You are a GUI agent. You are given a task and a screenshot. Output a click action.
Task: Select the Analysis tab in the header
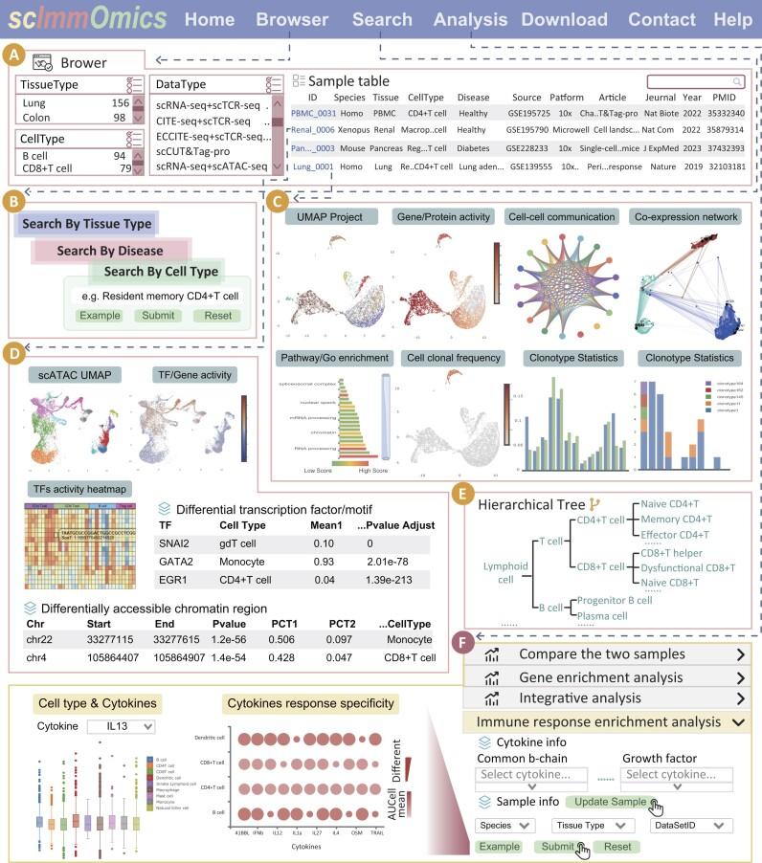[470, 19]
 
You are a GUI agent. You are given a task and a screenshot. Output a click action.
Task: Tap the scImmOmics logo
[85, 19]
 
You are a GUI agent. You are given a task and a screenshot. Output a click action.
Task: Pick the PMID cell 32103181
[725, 166]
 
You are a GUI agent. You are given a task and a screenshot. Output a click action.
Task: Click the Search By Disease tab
[110, 250]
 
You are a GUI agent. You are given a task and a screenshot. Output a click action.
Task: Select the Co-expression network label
[684, 217]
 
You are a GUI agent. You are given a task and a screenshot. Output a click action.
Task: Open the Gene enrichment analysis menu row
[607, 677]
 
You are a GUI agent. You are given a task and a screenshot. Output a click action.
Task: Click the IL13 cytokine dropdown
[119, 726]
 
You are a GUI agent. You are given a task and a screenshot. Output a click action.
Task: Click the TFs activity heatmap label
[80, 488]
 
